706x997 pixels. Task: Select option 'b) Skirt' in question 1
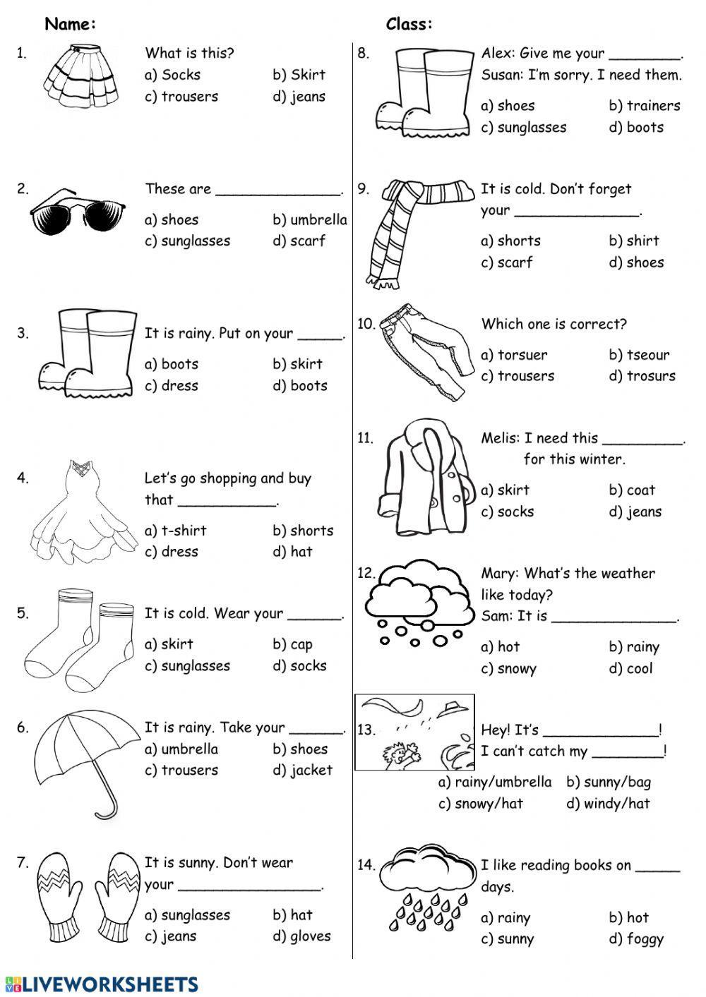point(299,75)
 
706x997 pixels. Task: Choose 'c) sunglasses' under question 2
point(188,241)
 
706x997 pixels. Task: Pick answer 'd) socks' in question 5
point(299,665)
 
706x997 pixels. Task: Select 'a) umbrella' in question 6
point(181,749)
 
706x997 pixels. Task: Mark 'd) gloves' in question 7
point(301,936)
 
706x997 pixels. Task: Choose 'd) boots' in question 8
point(636,128)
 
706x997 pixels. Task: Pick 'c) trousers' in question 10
point(517,376)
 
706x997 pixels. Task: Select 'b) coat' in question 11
point(632,490)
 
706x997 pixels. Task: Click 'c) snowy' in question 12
point(508,669)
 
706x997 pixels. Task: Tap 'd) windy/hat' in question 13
point(608,804)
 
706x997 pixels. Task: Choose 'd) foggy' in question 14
point(636,939)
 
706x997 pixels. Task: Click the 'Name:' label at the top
point(71,25)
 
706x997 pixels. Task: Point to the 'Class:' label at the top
point(409,25)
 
